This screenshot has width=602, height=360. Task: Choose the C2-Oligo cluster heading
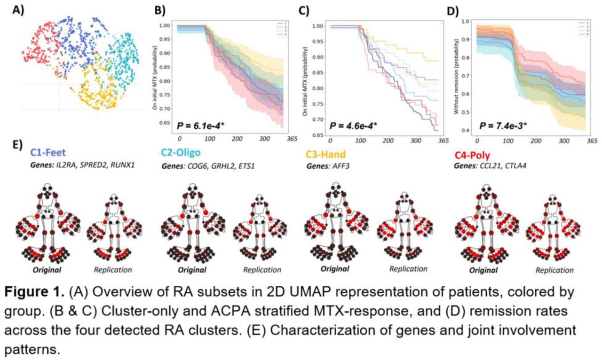[x=184, y=152]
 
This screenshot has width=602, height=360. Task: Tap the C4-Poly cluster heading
[x=475, y=152]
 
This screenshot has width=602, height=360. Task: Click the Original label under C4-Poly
[x=485, y=271]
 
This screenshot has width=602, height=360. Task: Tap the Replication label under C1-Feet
[x=112, y=270]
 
